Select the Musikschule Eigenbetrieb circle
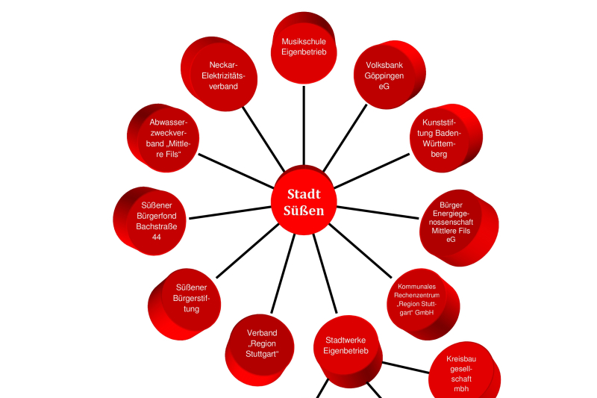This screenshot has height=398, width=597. coord(304,46)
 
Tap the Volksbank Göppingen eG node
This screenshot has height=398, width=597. coord(384,75)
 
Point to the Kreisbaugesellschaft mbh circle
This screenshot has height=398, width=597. coord(460,373)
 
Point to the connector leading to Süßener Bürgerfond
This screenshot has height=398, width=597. coord(231,212)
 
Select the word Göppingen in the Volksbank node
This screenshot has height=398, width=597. coord(384,75)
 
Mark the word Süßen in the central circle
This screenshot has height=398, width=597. coord(304,211)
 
